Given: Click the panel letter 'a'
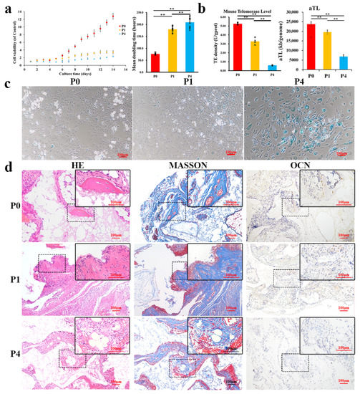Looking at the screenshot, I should [6, 9].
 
